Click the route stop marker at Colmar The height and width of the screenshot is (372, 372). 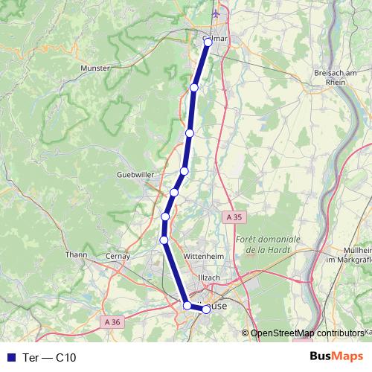(208, 42)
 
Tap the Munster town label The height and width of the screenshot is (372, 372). (94, 68)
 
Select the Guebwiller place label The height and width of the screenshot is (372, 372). (134, 175)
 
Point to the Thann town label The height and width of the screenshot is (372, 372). (77, 254)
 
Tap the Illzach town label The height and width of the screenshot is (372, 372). (209, 278)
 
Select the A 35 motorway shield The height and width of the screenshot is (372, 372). (234, 217)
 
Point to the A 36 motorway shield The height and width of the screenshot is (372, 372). (112, 322)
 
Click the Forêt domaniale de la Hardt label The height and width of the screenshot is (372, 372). (267, 245)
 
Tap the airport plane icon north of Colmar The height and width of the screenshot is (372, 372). (217, 13)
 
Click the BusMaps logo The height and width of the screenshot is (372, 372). (336, 356)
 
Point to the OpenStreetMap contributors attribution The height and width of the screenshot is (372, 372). (307, 333)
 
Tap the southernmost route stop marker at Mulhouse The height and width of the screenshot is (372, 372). (206, 310)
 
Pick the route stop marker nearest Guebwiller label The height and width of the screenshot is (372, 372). (173, 193)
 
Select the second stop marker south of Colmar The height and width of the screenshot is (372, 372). (190, 132)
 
